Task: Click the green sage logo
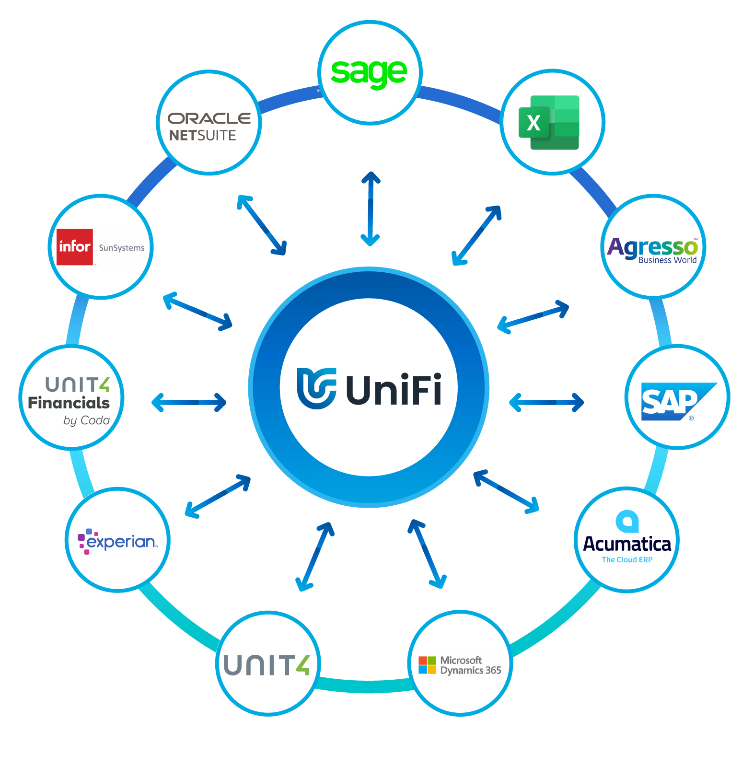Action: pos(369,73)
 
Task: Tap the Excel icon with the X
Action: pos(549,123)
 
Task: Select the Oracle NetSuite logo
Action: pos(209,127)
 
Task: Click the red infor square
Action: pos(75,247)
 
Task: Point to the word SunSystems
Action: pos(121,248)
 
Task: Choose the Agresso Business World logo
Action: pos(652,249)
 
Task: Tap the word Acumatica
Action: pos(627,544)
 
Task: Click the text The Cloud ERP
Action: pos(627,560)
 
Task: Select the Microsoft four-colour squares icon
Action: pos(427,665)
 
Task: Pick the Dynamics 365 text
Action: pos(471,671)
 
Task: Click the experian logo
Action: pos(118,541)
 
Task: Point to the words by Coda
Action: pos(86,420)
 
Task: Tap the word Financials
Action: pos(69,403)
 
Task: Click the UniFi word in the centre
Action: pos(394,389)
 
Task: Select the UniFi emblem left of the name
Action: pos(316,388)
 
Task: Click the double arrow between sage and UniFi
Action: pos(371,209)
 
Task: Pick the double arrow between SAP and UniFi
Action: pos(546,402)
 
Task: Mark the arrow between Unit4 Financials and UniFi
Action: pos(189,402)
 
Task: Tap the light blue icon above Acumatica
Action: pos(627,521)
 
